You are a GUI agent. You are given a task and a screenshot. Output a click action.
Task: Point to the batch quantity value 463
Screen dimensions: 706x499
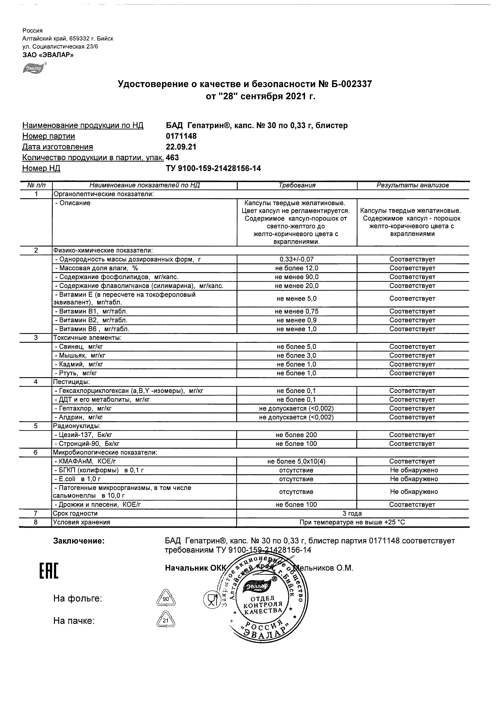172,158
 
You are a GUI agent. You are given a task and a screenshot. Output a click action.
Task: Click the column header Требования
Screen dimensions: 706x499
297,186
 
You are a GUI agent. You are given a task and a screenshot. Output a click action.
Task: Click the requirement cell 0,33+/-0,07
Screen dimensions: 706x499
297,259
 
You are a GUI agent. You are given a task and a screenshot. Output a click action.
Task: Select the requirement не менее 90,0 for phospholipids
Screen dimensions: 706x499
297,277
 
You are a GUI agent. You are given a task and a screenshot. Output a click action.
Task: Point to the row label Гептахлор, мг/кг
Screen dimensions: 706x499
83,409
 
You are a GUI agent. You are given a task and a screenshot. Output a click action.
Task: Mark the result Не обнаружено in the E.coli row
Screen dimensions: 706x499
414,479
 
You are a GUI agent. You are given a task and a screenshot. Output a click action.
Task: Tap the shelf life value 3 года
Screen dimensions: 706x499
352,514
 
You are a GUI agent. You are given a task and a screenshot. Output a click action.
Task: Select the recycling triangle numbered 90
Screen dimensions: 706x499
166,599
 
